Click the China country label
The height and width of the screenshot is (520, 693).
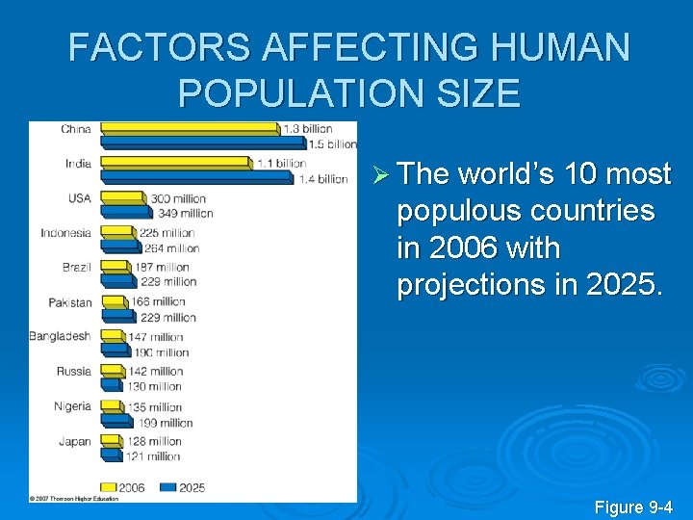(76, 128)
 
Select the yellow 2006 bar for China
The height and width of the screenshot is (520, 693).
(190, 128)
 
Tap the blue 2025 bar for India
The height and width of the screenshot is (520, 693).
(196, 178)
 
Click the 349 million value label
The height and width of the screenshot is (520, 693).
(186, 213)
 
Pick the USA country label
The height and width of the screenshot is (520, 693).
(79, 198)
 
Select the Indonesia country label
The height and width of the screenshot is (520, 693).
(65, 233)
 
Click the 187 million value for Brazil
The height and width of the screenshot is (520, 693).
(163, 267)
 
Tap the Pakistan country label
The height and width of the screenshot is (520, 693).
(70, 302)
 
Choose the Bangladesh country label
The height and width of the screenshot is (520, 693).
(60, 337)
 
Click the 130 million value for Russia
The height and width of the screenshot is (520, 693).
(155, 387)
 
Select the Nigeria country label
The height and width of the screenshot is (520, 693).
(72, 406)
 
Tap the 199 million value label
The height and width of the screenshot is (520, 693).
(165, 423)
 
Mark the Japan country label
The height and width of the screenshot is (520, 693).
(75, 442)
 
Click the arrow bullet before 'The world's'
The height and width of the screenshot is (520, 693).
(378, 174)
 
